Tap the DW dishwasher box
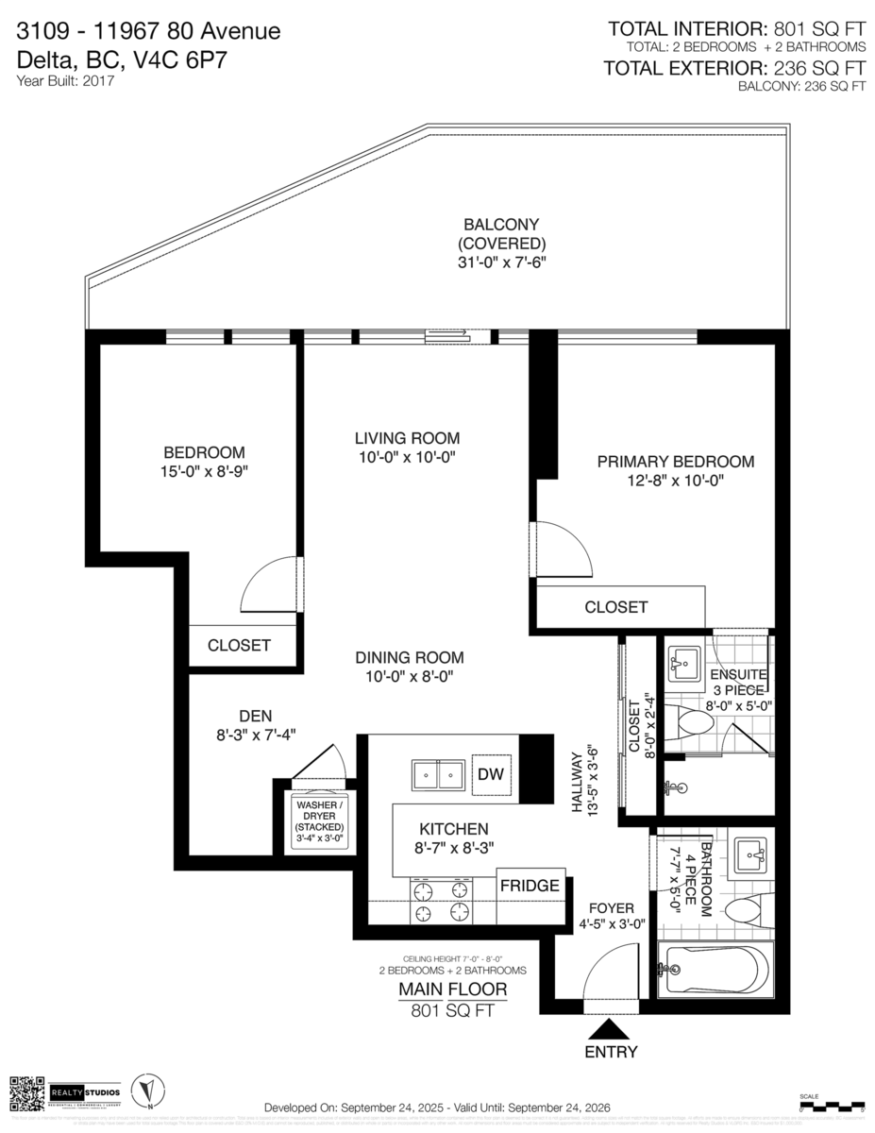[491, 774]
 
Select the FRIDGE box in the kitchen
[530, 886]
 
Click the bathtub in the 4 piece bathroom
[716, 969]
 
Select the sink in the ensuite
[684, 663]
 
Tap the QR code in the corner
[27, 1092]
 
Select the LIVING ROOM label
[407, 438]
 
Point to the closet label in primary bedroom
[615, 607]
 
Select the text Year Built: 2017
[65, 81]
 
